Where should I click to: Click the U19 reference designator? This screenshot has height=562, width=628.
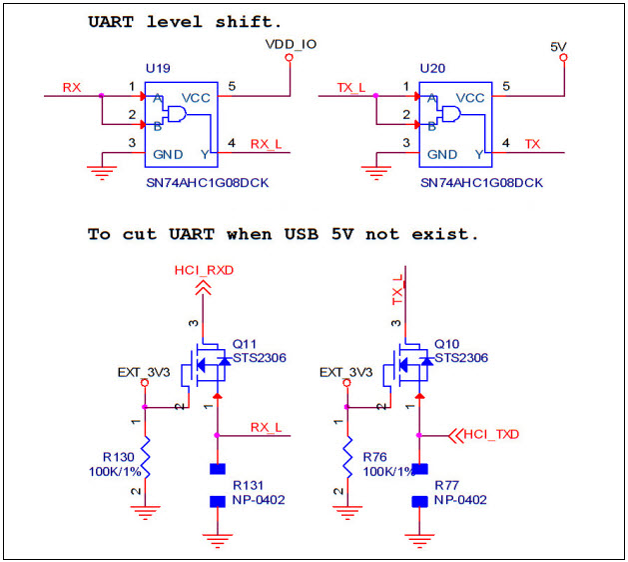point(158,67)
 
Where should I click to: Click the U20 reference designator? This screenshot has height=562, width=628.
point(432,67)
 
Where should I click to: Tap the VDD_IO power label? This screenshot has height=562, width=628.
point(290,44)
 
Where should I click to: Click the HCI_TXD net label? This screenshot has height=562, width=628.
point(493,434)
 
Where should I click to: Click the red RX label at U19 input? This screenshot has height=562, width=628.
point(72,87)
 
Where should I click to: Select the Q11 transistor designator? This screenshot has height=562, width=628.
point(245,343)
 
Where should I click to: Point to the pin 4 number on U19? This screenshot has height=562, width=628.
point(232,144)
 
